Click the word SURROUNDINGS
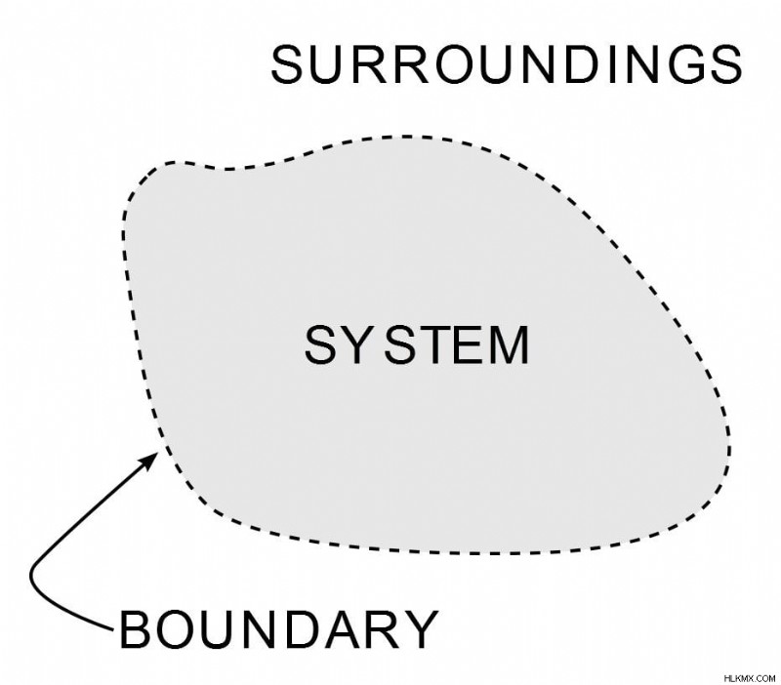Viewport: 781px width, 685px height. click(x=507, y=64)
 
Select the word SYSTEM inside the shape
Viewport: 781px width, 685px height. click(x=417, y=345)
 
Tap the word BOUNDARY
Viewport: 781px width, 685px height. click(x=279, y=629)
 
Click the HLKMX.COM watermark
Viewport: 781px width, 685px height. click(x=750, y=678)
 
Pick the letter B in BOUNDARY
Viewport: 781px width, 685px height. click(x=135, y=629)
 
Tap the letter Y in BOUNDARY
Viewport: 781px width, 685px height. click(x=420, y=629)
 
